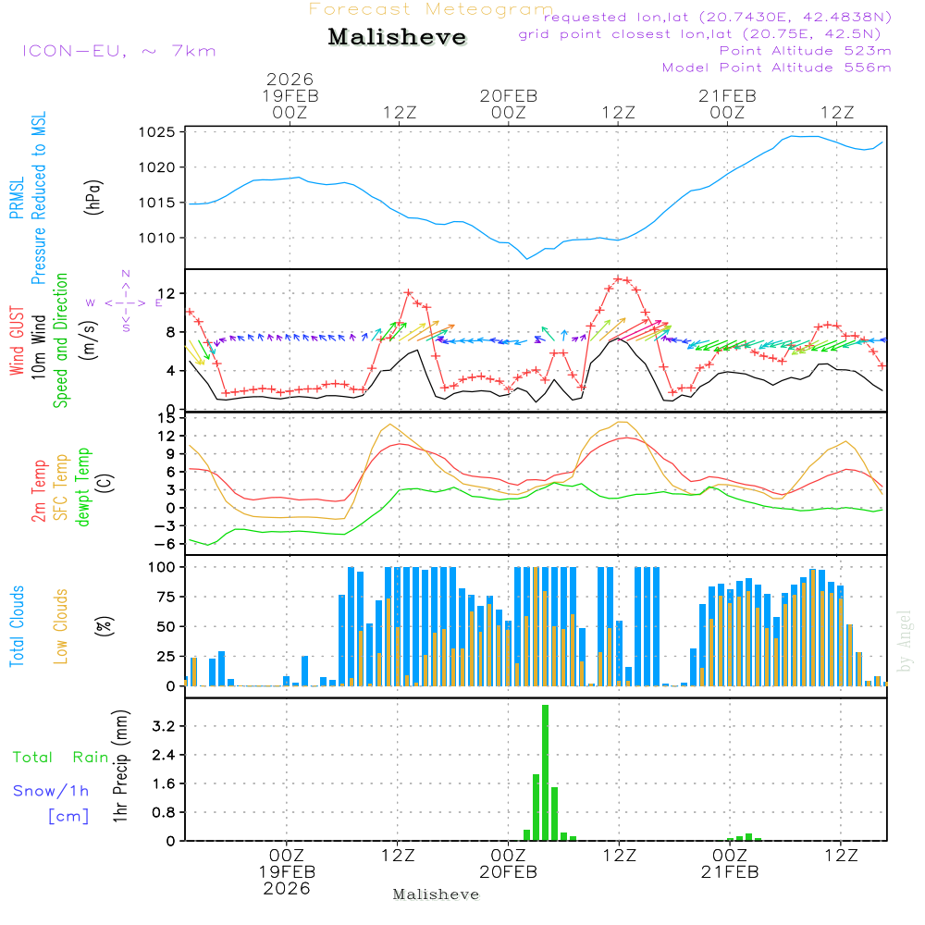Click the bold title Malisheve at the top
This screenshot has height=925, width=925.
point(398,38)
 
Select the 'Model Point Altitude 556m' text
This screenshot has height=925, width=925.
point(777,68)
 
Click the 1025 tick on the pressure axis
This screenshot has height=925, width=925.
point(159,132)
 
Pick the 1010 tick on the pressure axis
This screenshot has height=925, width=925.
point(159,238)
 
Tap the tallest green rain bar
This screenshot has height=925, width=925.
point(546,772)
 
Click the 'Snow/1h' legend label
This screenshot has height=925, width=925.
point(51,792)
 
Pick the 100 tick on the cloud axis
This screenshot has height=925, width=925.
point(163,566)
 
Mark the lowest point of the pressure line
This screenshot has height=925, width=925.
point(527,259)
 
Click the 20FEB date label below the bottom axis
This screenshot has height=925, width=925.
point(508,872)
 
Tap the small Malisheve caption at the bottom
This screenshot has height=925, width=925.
point(436,894)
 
